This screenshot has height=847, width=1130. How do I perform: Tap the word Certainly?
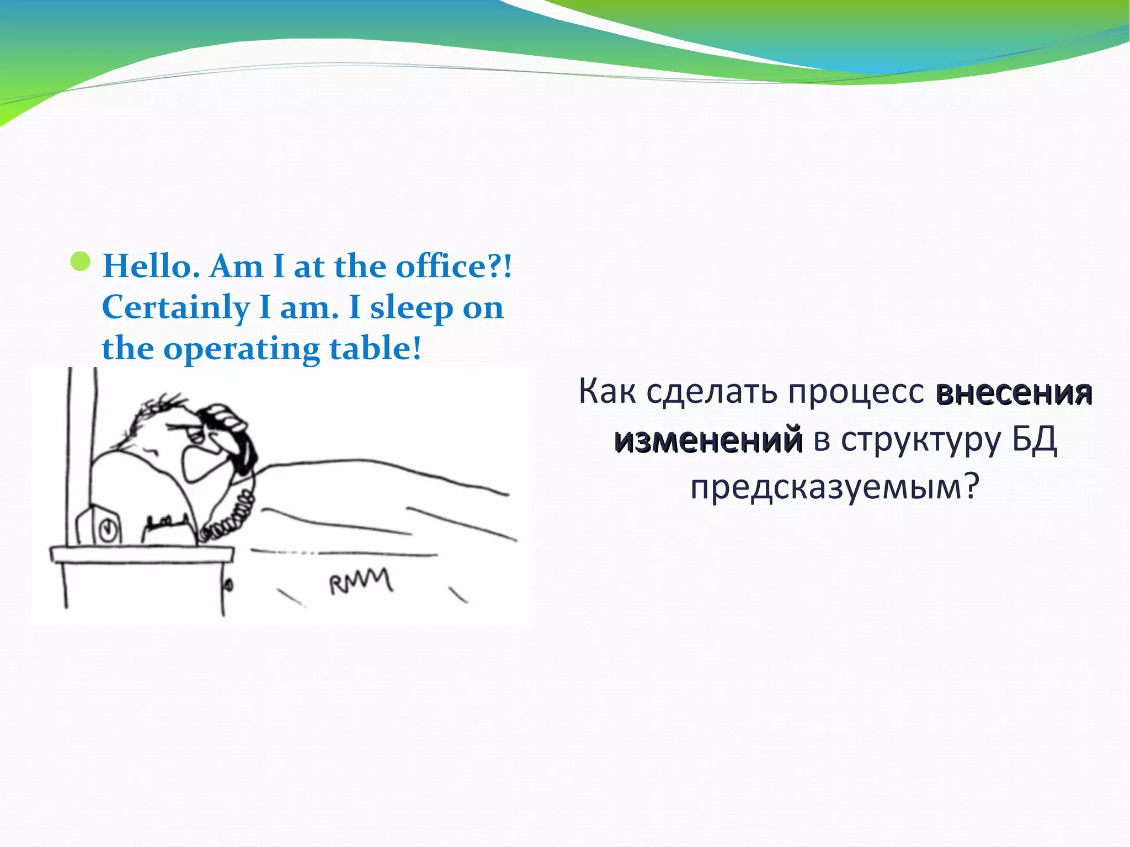coord(175,307)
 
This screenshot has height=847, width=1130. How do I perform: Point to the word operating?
coord(241,349)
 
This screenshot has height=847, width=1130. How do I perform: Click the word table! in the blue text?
coord(376,348)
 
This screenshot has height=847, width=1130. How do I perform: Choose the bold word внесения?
coord(1014,393)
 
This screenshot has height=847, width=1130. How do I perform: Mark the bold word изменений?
coord(708,440)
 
